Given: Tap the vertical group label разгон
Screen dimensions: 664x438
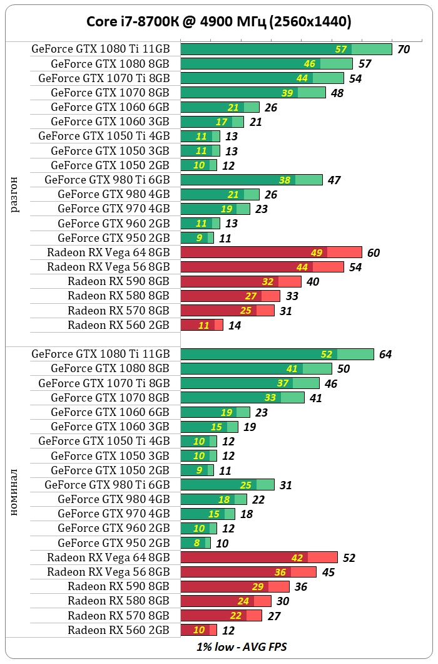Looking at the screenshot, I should (x=16, y=194).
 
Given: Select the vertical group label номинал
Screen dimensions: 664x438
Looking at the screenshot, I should (x=16, y=492).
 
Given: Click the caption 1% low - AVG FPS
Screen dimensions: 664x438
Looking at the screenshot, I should (x=242, y=646).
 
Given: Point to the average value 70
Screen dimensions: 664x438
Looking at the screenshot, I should (x=404, y=49).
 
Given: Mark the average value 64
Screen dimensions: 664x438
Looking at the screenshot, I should (x=385, y=355).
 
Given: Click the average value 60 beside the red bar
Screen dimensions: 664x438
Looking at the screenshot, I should (x=374, y=253).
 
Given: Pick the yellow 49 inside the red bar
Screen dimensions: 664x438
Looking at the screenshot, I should (x=316, y=253).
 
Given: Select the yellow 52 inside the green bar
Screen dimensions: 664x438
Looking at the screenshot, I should (x=326, y=355).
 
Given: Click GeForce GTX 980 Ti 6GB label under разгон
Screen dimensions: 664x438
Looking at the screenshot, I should (x=107, y=180).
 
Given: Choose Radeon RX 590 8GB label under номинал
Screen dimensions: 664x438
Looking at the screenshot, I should (x=118, y=586).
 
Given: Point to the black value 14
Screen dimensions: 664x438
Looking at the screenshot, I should (x=235, y=325).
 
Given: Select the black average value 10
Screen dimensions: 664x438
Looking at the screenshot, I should (x=222, y=543).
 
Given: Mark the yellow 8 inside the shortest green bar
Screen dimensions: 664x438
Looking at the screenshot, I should (x=197, y=543).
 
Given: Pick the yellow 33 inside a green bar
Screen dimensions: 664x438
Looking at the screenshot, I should (x=270, y=398).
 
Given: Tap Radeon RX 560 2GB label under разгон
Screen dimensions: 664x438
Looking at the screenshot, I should (x=118, y=324).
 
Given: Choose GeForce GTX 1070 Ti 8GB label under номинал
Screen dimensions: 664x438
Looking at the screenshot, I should (x=104, y=383).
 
